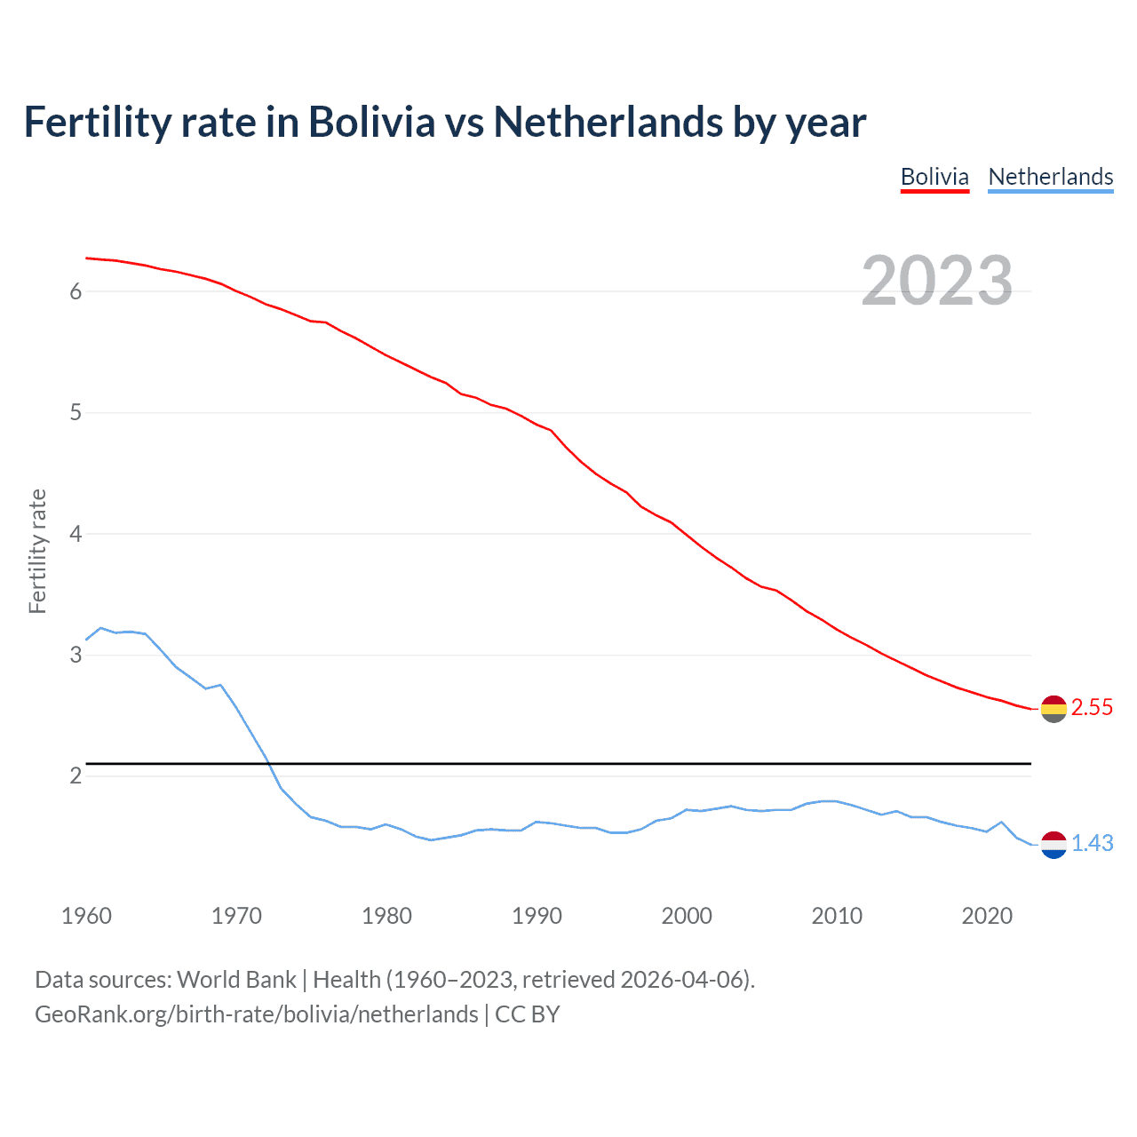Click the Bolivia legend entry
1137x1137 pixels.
point(934,177)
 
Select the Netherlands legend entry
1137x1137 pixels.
point(1050,177)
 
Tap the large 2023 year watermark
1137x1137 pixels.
point(937,281)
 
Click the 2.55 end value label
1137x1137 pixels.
point(1092,708)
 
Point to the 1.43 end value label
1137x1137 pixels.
point(1092,844)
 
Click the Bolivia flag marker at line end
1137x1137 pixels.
point(1054,709)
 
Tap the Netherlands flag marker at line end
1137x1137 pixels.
point(1054,845)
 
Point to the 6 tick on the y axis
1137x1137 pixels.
point(76,291)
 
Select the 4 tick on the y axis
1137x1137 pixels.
point(76,534)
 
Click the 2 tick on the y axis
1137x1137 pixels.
point(76,776)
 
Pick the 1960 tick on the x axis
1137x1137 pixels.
point(86,916)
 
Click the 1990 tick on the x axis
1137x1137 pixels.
point(537,916)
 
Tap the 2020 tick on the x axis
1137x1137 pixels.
point(987,916)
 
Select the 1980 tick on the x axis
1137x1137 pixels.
point(386,916)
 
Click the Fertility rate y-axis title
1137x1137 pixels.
point(37,551)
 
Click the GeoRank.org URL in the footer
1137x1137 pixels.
point(256,1014)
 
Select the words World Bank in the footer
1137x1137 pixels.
point(236,980)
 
